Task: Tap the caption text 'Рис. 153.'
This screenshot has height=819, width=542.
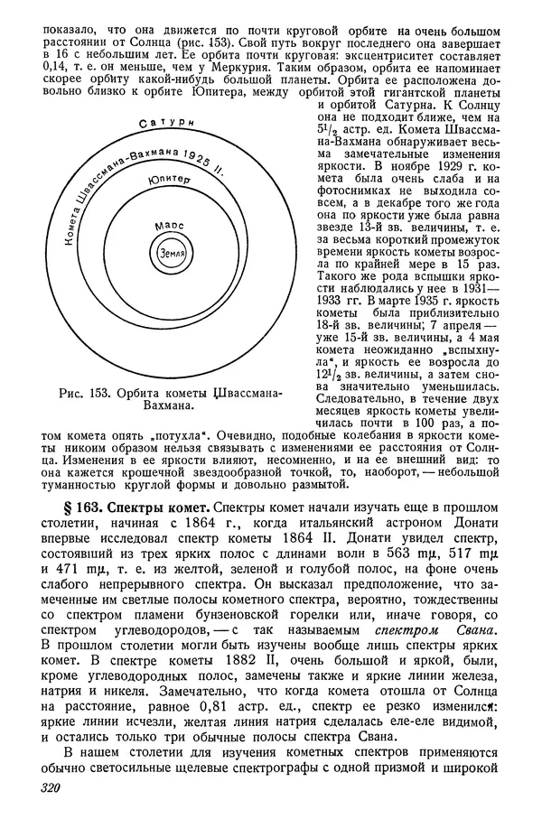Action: (91, 398)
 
